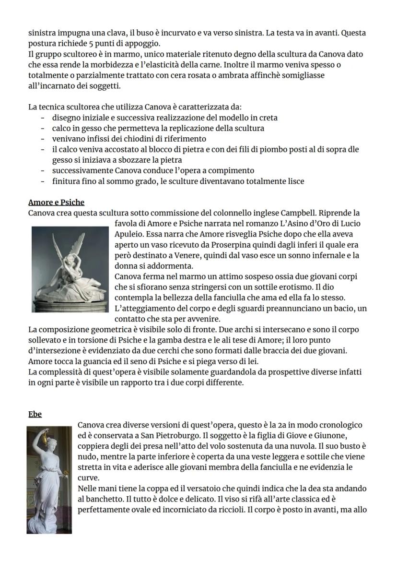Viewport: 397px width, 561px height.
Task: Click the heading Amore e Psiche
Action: pyautogui.click(x=56, y=202)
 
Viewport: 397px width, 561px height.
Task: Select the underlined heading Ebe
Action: pyautogui.click(x=35, y=414)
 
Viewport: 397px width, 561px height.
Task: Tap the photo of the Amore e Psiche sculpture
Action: pyautogui.click(x=70, y=269)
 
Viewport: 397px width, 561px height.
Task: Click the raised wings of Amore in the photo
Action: pyautogui.click(x=65, y=245)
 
